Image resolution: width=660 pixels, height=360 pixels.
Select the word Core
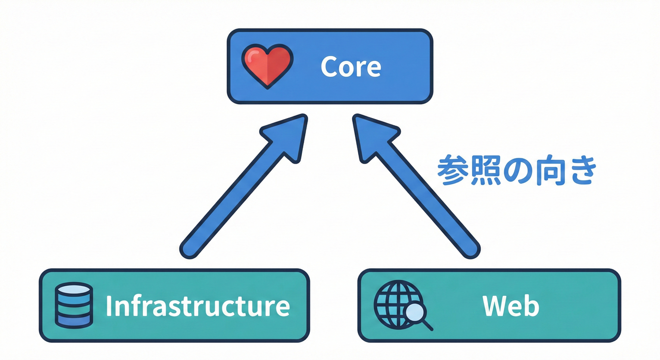pyautogui.click(x=351, y=67)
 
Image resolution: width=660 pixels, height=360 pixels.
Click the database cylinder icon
pyautogui.click(x=74, y=305)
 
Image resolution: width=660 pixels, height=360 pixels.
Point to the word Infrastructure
pyautogui.click(x=197, y=306)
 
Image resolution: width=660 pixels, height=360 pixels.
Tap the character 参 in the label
pyautogui.click(x=452, y=172)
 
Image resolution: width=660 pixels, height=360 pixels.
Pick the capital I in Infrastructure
pyautogui.click(x=109, y=306)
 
